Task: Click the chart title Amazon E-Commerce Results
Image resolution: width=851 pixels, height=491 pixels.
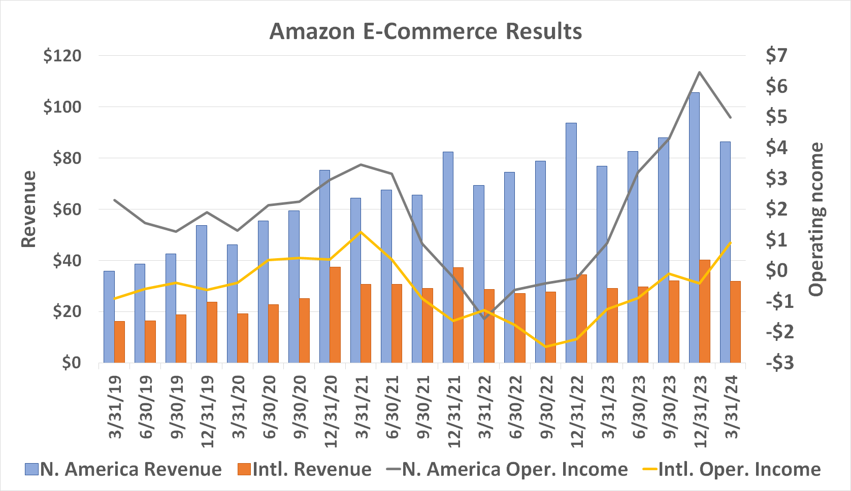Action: (425, 31)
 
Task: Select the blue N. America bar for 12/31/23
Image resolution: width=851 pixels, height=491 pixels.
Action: (694, 228)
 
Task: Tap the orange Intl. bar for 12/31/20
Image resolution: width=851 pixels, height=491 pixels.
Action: (335, 314)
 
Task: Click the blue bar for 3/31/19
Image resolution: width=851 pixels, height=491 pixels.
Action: (109, 317)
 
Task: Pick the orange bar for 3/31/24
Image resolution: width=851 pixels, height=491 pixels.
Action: (735, 322)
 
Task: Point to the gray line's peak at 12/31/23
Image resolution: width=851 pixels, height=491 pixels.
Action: (700, 72)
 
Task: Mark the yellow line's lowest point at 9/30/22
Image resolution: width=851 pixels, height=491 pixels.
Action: (546, 347)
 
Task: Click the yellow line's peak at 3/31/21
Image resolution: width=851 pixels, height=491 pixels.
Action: (361, 232)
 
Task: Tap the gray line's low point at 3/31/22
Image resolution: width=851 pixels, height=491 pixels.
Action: (484, 319)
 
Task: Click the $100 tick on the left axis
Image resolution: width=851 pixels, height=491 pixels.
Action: (62, 107)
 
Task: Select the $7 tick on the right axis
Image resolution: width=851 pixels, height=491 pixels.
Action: (776, 55)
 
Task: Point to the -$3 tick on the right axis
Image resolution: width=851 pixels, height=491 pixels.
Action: (778, 363)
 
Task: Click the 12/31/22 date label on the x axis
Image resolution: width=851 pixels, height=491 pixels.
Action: (576, 411)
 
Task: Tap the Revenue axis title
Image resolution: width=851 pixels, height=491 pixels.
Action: (29, 209)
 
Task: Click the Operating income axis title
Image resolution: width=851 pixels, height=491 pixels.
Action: (816, 219)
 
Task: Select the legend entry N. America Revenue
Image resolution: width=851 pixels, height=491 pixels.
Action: (123, 469)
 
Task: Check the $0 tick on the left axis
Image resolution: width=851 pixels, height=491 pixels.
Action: (71, 363)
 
